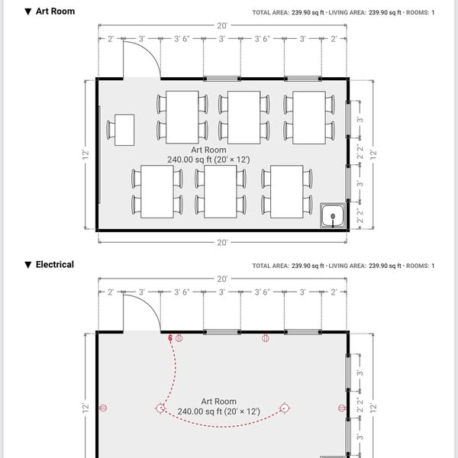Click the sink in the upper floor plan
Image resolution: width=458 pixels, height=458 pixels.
click(333, 215)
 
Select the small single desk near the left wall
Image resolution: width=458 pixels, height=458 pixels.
click(124, 130)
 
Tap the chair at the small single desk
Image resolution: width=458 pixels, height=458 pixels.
click(111, 130)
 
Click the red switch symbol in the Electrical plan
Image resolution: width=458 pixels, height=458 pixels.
click(170, 338)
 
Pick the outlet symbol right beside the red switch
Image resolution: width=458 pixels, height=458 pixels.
click(179, 338)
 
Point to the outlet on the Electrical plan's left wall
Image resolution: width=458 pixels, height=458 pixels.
click(103, 408)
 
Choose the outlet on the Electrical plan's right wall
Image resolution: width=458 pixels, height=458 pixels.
click(342, 408)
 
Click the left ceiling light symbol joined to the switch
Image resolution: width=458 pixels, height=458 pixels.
click(160, 408)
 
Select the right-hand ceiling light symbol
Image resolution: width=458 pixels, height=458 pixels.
click(285, 408)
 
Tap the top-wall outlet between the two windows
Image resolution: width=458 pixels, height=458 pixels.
click(265, 338)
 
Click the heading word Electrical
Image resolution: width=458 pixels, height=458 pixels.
click(55, 264)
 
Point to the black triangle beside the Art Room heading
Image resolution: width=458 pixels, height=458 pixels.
click(28, 11)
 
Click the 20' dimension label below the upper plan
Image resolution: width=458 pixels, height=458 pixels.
click(222, 243)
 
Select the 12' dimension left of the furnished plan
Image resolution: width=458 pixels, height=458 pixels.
click(85, 154)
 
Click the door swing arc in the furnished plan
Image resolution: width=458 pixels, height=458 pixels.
click(150, 50)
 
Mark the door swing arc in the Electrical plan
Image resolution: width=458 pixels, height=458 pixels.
click(150, 303)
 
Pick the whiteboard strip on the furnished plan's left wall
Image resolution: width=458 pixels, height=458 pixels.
click(99, 154)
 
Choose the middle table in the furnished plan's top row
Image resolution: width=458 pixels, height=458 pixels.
click(244, 118)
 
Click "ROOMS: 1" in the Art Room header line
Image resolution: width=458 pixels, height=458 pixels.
click(420, 12)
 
